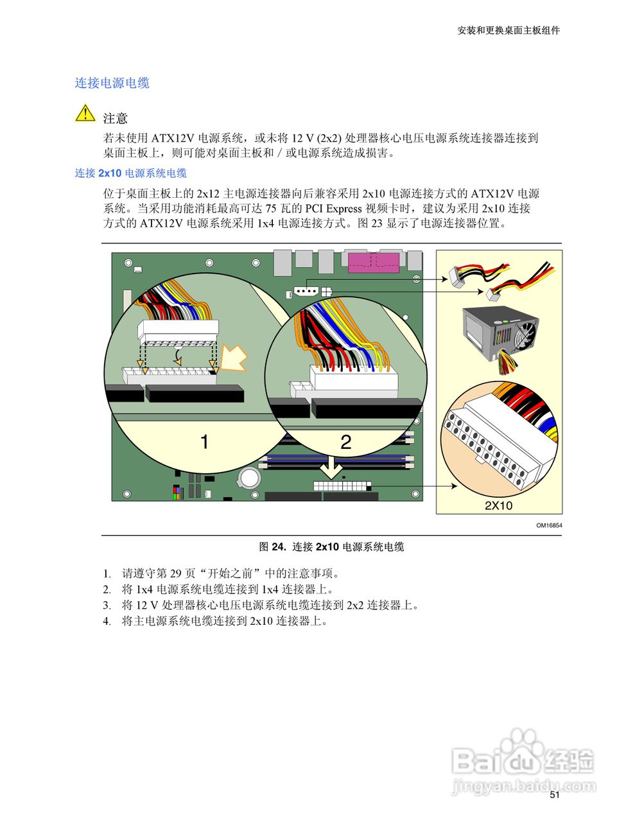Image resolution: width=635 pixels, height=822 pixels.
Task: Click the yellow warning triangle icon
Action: [85, 114]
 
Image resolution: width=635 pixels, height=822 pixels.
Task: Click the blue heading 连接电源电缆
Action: [112, 83]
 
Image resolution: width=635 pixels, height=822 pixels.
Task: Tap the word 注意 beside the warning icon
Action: [116, 118]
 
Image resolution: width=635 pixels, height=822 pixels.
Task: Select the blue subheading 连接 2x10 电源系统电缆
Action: [131, 173]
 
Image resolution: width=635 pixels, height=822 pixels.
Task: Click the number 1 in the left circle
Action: [204, 442]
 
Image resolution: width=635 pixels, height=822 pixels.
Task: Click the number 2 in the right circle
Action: [345, 442]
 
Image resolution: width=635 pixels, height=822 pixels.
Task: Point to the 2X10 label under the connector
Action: [498, 505]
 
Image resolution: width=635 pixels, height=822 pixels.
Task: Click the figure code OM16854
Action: [549, 525]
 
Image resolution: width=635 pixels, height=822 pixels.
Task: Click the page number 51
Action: [555, 794]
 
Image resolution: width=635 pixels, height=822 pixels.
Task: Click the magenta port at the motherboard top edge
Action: [373, 263]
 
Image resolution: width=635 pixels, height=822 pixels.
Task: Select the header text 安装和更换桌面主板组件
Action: [508, 30]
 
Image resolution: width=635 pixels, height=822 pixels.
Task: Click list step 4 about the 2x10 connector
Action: [225, 621]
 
